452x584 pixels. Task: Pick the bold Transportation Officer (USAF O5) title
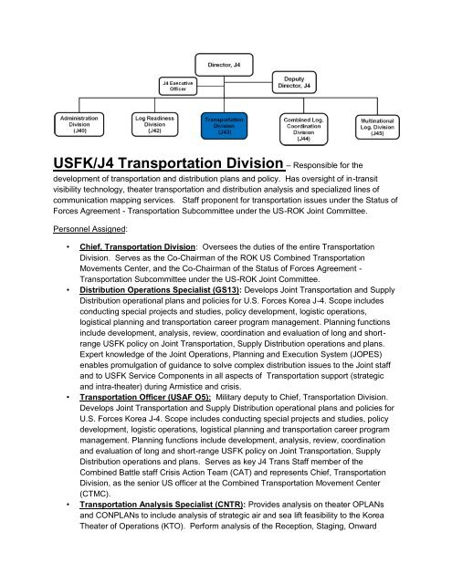coord(150,422)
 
